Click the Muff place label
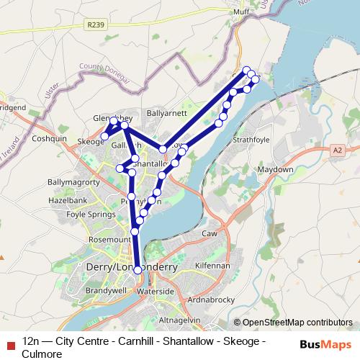pos(240,12)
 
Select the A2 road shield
pos(338,150)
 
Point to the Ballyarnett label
pos(166,113)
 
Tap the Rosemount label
pos(107,239)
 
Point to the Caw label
pos(210,235)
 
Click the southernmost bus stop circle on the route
pos(138,270)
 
